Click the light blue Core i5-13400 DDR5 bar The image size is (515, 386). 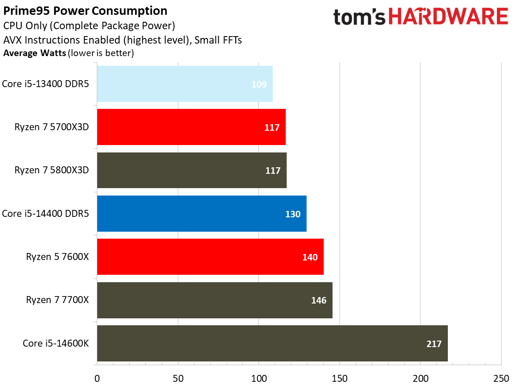click(184, 84)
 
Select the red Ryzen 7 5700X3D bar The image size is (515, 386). click(191, 127)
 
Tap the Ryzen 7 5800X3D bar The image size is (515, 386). click(191, 170)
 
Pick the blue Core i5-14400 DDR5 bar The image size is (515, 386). click(201, 214)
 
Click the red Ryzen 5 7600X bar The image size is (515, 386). click(210, 257)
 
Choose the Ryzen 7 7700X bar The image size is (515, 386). click(214, 300)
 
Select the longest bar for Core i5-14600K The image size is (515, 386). click(272, 343)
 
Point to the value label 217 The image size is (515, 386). click(434, 344)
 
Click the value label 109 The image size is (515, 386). click(259, 84)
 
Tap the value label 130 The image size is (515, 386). click(293, 214)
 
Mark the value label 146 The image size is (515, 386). click(319, 300)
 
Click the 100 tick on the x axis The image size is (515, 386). click(259, 378)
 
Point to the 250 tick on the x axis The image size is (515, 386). click(501, 378)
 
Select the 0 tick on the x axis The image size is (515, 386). click(97, 378)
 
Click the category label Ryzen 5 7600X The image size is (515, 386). click(57, 257)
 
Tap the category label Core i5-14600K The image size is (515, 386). click(56, 343)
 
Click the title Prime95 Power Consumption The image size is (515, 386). click(86, 11)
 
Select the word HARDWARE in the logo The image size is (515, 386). click(448, 17)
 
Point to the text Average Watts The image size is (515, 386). click(35, 53)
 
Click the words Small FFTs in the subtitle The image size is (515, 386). click(218, 40)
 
